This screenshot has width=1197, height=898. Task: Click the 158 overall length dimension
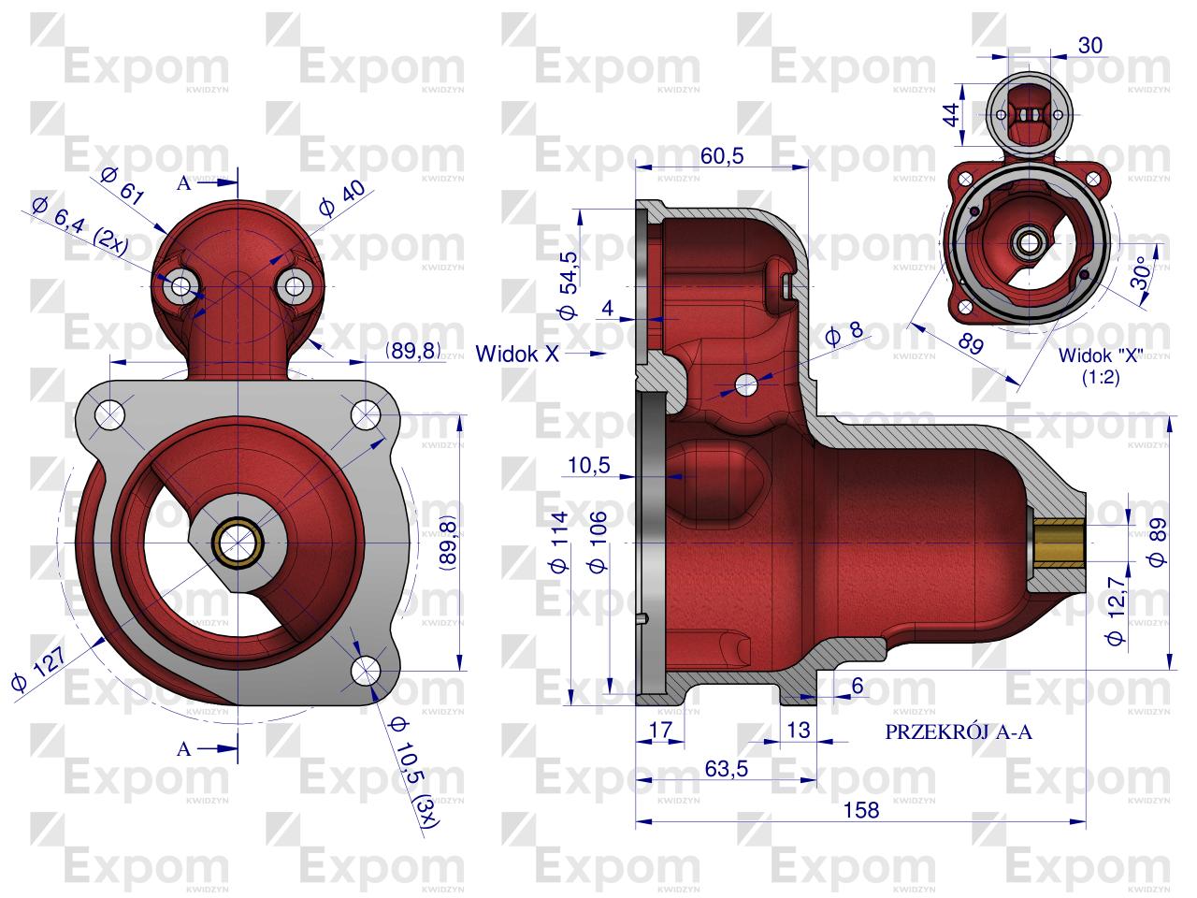coord(861,810)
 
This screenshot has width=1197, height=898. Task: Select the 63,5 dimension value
coord(727,769)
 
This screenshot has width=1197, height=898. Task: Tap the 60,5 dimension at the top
coord(722,156)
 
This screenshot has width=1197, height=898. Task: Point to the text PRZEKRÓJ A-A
coord(959,731)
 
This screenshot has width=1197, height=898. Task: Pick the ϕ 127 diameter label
coord(39,668)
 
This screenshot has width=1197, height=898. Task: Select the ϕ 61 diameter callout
coord(123,185)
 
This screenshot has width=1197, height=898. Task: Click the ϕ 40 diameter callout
coord(342,198)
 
